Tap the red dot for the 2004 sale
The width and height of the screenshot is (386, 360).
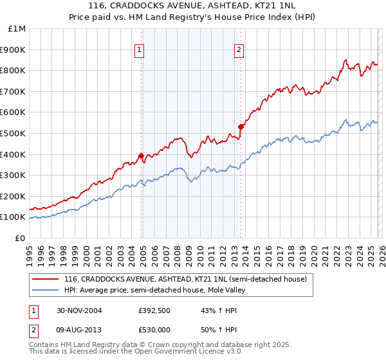point(142,156)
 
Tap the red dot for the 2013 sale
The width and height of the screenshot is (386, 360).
point(241,127)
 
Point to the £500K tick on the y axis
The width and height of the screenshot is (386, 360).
point(14,133)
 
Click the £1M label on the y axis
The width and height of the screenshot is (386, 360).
point(17,28)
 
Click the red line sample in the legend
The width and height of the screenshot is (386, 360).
point(46,279)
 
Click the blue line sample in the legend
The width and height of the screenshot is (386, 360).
point(46,290)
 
